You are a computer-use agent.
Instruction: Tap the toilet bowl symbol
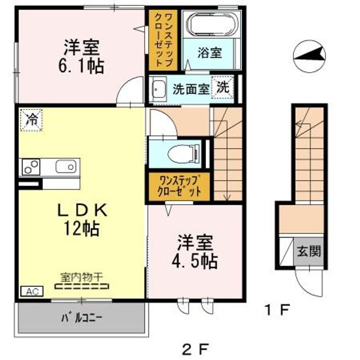click(183, 153)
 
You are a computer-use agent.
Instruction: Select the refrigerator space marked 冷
click(31, 120)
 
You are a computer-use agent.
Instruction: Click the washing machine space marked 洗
click(222, 87)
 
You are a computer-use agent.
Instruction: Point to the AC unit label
click(32, 291)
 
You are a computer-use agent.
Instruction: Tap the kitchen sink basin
click(65, 166)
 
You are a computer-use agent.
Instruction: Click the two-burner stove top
click(31, 167)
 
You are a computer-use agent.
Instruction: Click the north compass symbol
click(309, 56)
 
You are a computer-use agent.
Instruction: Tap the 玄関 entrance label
click(309, 251)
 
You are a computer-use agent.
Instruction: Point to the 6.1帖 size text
click(81, 66)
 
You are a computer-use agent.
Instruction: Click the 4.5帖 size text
click(194, 261)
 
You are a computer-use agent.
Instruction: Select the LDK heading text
click(82, 210)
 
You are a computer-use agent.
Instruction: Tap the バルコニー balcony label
click(81, 318)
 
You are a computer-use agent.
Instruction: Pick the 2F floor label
click(195, 349)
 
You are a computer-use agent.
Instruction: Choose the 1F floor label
click(277, 309)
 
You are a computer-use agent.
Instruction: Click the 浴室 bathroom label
click(209, 53)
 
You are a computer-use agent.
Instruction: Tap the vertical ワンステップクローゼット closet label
click(163, 40)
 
